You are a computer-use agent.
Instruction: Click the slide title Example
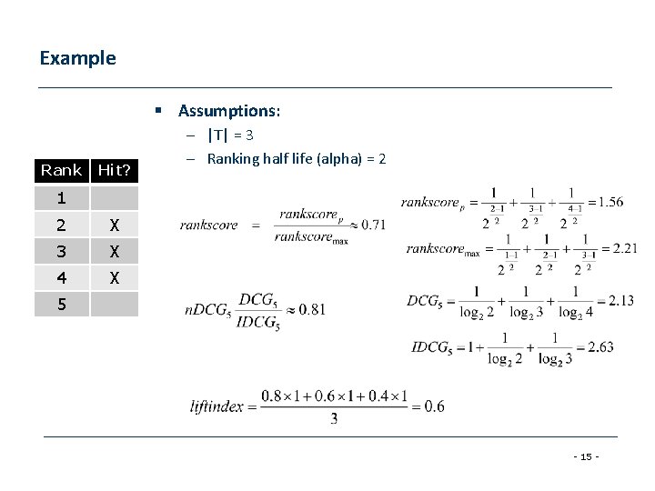click(x=78, y=58)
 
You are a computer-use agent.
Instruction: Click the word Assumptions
click(x=228, y=111)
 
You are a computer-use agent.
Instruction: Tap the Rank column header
click(x=61, y=170)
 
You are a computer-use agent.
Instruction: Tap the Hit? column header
click(x=115, y=170)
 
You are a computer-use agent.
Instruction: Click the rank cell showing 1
click(x=61, y=197)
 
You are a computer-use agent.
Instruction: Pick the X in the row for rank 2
click(x=115, y=225)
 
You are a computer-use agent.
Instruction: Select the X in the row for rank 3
click(x=115, y=251)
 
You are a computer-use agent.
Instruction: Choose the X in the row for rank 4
click(x=115, y=277)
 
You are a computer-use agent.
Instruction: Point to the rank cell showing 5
click(x=61, y=304)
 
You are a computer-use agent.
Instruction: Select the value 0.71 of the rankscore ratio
click(x=373, y=225)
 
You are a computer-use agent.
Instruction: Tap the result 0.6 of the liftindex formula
click(x=434, y=406)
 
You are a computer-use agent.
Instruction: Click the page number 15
click(x=588, y=455)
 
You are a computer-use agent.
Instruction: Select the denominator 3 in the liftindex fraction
click(x=334, y=419)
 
